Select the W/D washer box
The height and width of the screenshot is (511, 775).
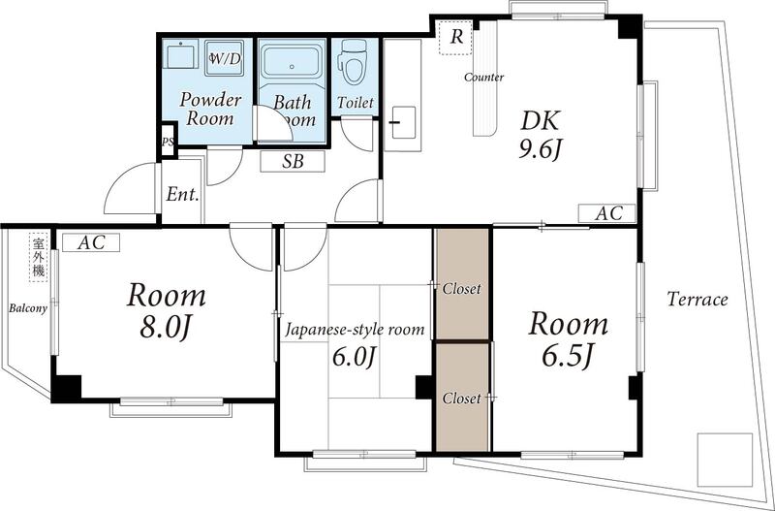click(225, 57)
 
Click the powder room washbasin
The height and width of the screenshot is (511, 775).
click(180, 54)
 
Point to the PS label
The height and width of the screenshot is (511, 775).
click(168, 142)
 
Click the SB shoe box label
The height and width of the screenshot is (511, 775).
click(293, 162)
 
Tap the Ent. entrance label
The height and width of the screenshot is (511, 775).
click(182, 194)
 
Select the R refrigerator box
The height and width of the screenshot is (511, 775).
click(455, 37)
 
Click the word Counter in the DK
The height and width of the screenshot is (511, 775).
click(483, 78)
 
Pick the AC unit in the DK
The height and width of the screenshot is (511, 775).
click(607, 213)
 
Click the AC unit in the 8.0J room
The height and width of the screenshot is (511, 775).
click(91, 242)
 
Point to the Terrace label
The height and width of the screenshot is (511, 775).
click(697, 300)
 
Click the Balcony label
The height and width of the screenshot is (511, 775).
click(28, 308)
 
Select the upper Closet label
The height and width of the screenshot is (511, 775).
click(462, 288)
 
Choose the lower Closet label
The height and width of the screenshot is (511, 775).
click(462, 399)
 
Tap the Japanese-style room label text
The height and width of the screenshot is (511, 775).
click(355, 329)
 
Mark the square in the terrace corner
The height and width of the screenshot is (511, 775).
click(725, 460)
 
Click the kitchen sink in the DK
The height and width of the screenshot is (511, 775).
click(403, 122)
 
